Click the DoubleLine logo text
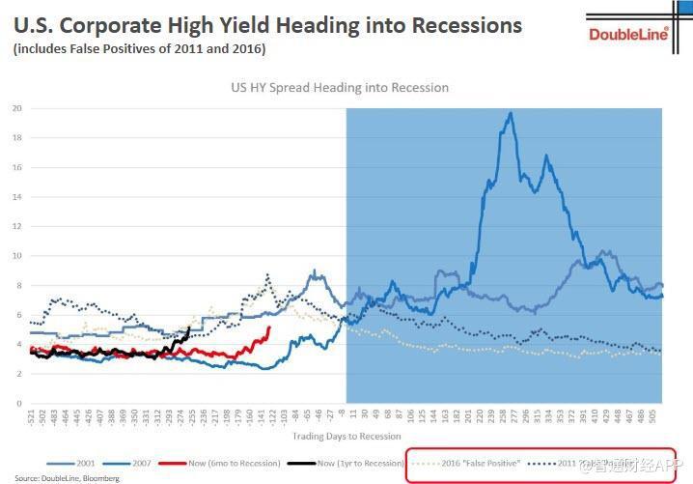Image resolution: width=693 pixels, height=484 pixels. pyautogui.click(x=628, y=35)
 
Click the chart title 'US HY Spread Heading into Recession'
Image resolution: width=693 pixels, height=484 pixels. pyautogui.click(x=340, y=87)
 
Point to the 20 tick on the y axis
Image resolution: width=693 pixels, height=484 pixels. pyautogui.click(x=17, y=108)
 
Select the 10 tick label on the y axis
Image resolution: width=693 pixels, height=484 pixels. pyautogui.click(x=17, y=256)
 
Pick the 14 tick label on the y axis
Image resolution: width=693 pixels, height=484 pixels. pyautogui.click(x=17, y=197)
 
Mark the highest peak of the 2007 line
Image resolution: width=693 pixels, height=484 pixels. pyautogui.click(x=510, y=113)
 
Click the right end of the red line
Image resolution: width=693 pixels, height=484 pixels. pyautogui.click(x=268, y=328)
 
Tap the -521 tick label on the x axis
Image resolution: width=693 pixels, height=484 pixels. pyautogui.click(x=31, y=419)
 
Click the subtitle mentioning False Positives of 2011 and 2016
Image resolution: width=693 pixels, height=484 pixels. pyautogui.click(x=139, y=48)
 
